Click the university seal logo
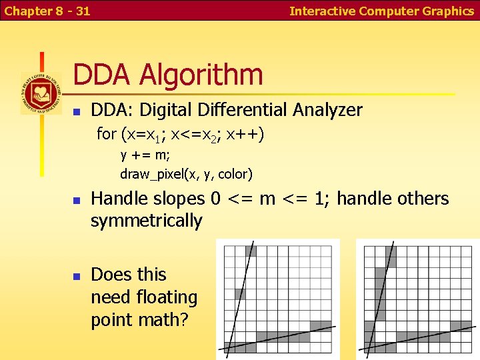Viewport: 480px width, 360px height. tap(41, 93)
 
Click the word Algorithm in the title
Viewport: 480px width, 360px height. tap(201, 75)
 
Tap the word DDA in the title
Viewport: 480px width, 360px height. tap(102, 75)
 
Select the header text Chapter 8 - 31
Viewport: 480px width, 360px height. tap(47, 11)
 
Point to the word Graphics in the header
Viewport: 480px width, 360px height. tap(448, 11)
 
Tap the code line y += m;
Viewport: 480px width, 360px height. tap(145, 155)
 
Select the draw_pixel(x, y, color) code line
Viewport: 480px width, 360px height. tap(186, 175)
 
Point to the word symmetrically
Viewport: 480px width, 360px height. tap(146, 221)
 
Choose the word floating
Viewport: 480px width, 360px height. tap(164, 297)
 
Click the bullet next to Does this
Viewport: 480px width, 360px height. tap(77, 275)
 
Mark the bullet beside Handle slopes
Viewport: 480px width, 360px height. tap(77, 199)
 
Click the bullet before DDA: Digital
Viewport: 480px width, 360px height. tap(77, 111)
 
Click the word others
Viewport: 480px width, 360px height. tap(423, 199)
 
